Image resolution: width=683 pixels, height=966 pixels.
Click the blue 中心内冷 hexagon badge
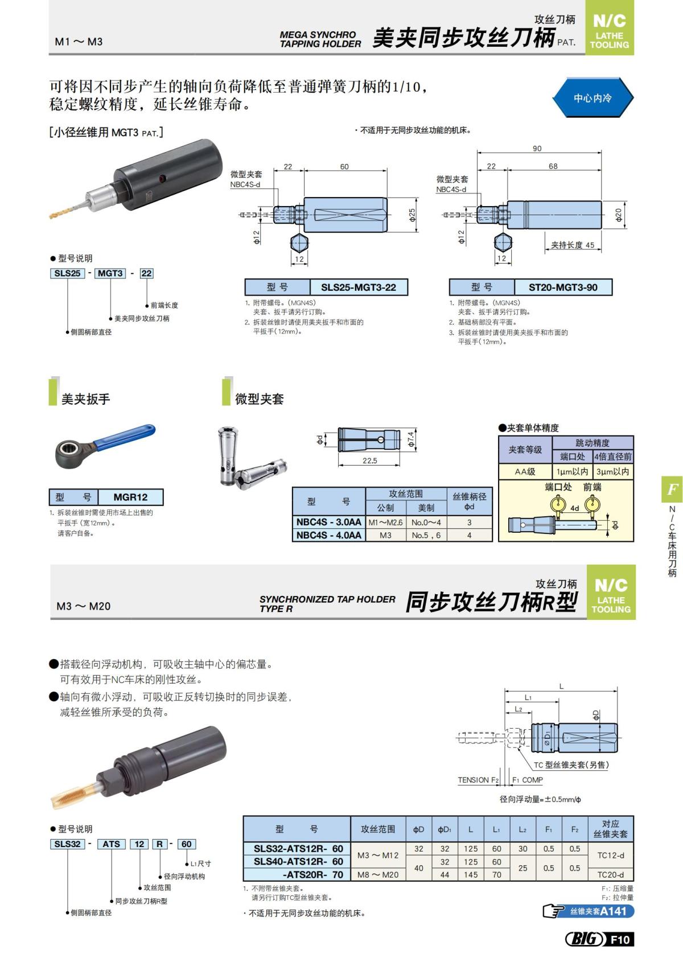pos(592,98)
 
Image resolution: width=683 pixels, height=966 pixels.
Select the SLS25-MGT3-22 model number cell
pos(358,287)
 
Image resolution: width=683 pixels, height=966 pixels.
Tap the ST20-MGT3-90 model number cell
pos(562,287)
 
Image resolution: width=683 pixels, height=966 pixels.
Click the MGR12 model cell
pos(130,497)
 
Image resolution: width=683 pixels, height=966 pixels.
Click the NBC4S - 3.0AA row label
pos(328,522)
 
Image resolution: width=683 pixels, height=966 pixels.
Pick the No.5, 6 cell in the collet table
pos(426,535)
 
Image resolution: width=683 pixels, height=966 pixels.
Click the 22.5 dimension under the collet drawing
pos(369,461)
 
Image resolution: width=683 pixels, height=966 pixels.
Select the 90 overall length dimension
pos(537,148)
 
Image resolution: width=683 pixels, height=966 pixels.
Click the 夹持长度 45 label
pos(572,245)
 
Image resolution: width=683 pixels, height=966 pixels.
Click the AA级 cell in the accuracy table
pos(525,471)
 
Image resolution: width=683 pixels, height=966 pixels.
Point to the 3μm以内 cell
pos(612,471)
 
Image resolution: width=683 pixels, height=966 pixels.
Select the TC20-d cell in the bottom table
pos(610,874)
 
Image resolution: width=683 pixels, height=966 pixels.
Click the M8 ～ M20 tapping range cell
pos(378,874)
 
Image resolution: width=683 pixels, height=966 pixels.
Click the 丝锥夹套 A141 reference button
pos(589,911)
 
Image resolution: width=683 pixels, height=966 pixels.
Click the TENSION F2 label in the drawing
pos(478,780)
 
